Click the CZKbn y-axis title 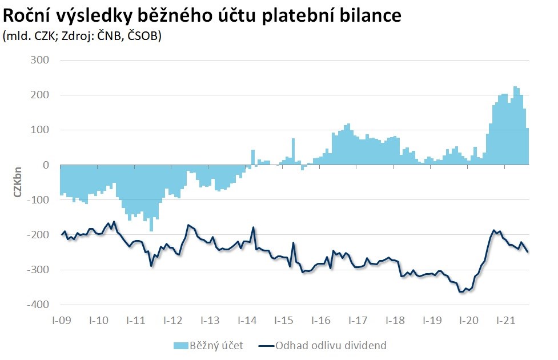point(17,182)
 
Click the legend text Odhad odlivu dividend point(331,345)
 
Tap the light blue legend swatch point(182,346)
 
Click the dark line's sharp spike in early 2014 point(253,227)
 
